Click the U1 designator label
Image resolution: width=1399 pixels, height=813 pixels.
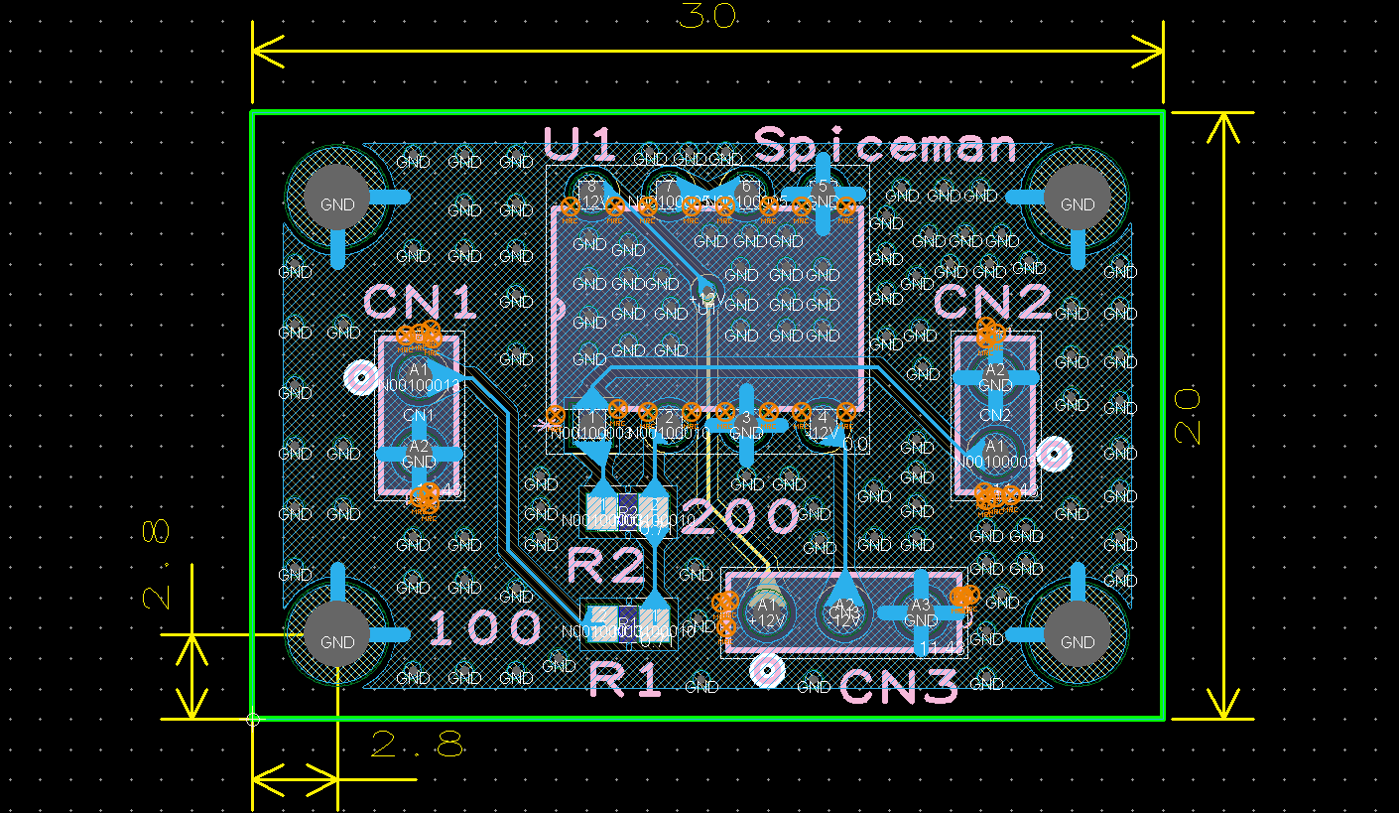pyautogui.click(x=580, y=145)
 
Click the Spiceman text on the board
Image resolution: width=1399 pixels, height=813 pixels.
pyautogui.click(x=886, y=146)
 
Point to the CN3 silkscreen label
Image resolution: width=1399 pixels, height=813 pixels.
pyautogui.click(x=899, y=687)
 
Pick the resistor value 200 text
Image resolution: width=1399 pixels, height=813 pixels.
pyautogui.click(x=740, y=517)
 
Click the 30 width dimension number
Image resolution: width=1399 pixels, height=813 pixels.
pyautogui.click(x=706, y=17)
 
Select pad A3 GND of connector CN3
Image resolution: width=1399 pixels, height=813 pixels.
pyautogui.click(x=921, y=612)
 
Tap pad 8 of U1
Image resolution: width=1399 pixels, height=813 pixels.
pyautogui.click(x=591, y=191)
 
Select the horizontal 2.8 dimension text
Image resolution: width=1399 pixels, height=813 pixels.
pyautogui.click(x=417, y=745)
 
